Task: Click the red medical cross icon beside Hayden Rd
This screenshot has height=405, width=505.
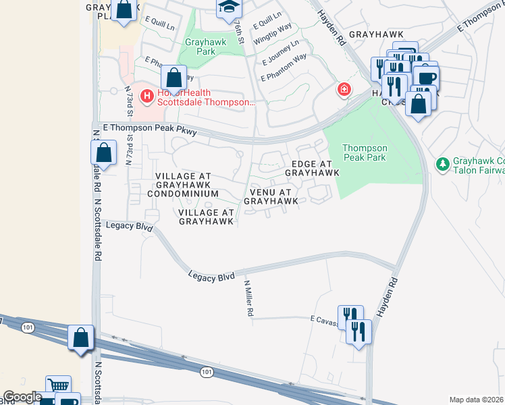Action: [344, 89]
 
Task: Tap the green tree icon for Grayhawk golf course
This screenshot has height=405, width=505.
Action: [442, 164]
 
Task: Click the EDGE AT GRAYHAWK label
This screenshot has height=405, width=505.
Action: [311, 168]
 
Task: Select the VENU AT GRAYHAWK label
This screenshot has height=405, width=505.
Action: [271, 196]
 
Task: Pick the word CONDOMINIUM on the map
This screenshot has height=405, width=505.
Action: [186, 194]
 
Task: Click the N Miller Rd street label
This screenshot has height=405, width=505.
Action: [248, 299]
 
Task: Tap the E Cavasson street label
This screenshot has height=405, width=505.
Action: [324, 318]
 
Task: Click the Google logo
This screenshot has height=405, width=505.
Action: [22, 397]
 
